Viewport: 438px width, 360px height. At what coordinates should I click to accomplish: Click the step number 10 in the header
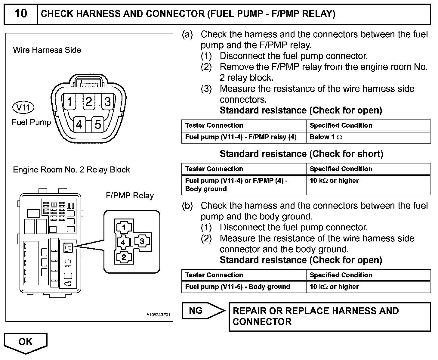20,14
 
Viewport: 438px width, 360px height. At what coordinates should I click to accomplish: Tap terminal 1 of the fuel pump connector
70,101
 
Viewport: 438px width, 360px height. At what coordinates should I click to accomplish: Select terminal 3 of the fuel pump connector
107,101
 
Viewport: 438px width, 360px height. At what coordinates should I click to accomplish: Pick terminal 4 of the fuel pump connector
79,124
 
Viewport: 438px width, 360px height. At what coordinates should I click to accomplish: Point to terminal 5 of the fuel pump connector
98,124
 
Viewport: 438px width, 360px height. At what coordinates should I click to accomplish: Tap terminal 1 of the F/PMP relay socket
124,228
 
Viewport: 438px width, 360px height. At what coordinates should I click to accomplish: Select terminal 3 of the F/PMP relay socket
142,241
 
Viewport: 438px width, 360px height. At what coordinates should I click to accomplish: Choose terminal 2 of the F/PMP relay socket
124,257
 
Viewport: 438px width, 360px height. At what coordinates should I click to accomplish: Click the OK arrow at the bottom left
26,342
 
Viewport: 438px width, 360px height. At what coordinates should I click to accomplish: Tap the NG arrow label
196,310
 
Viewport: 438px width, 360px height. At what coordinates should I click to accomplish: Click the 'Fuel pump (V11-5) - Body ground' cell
237,287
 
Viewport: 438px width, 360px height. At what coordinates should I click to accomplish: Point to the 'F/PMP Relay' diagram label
130,196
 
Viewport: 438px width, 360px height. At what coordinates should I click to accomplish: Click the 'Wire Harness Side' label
47,50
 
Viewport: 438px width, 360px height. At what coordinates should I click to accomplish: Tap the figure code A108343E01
158,315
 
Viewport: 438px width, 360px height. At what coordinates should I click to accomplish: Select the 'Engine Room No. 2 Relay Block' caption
71,170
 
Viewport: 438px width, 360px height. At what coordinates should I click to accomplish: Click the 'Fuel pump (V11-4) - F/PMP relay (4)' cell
241,137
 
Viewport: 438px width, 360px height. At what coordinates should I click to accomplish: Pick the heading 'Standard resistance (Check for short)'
301,154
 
